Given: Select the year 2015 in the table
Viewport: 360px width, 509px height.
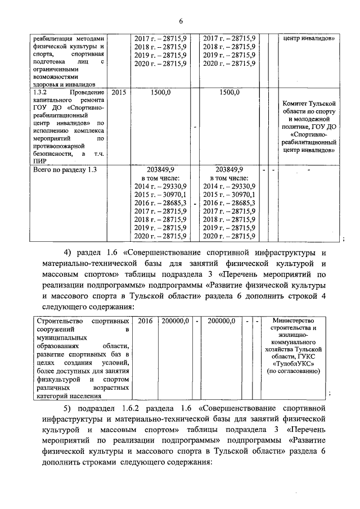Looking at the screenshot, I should click(x=119, y=92).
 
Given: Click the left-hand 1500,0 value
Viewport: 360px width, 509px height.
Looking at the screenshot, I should click(x=161, y=92).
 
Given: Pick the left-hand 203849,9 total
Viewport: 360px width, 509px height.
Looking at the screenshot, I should click(x=161, y=169).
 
